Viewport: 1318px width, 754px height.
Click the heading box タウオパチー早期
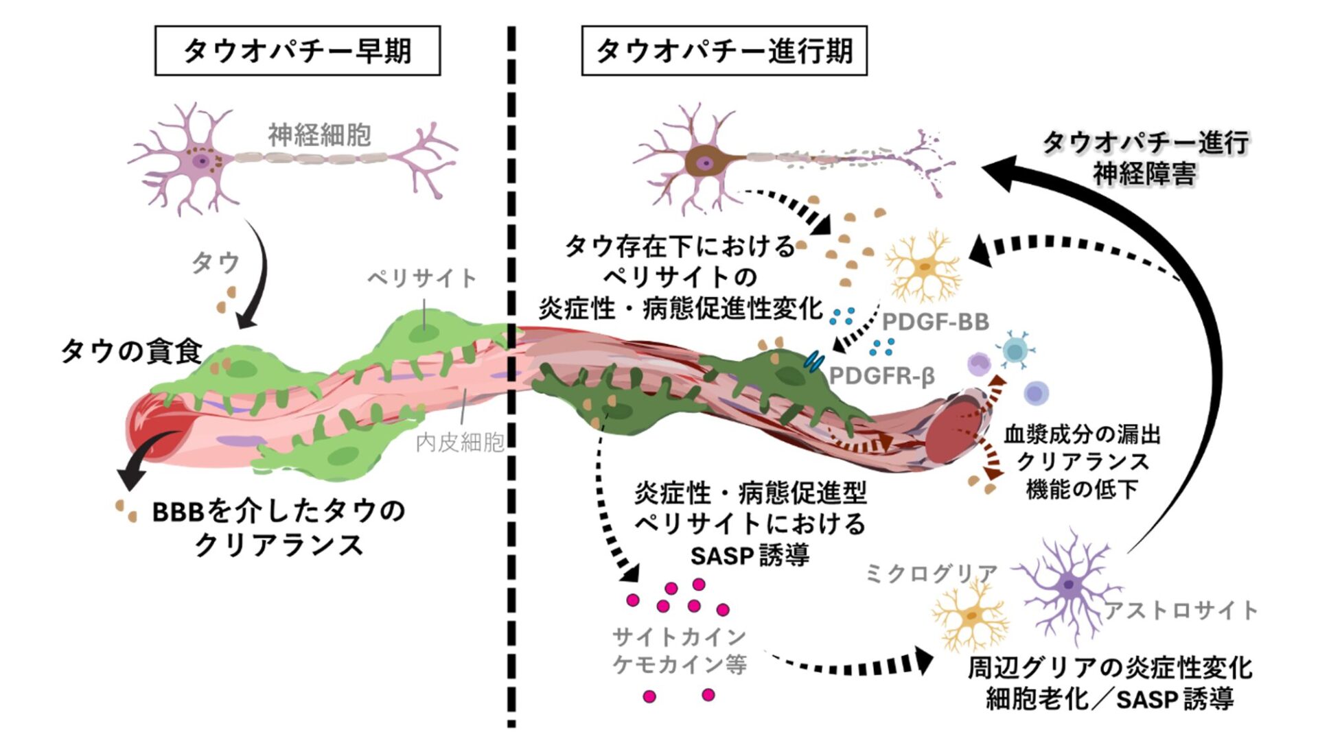[x=297, y=51]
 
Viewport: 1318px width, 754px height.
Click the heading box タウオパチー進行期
[x=724, y=51]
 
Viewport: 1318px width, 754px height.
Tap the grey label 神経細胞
[x=319, y=135]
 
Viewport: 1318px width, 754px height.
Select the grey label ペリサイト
[x=421, y=278]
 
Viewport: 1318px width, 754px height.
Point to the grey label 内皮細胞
[x=460, y=443]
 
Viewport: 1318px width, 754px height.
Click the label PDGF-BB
[x=935, y=321]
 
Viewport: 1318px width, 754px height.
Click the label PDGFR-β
[x=881, y=376]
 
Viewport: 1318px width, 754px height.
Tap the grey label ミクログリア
[x=931, y=573]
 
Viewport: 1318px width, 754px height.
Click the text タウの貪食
[x=131, y=351]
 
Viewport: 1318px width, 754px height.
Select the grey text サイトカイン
[x=679, y=637]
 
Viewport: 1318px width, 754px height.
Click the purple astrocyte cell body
[x=1068, y=585]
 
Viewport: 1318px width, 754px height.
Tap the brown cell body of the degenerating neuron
[x=704, y=162]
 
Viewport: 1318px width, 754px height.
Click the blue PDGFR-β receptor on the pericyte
[x=815, y=361]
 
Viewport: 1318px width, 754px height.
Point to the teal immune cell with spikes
[x=1014, y=351]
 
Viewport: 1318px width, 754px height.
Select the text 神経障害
[x=1144, y=174]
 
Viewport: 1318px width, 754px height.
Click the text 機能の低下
[x=1082, y=489]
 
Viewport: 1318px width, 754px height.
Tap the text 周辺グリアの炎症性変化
[x=1110, y=668]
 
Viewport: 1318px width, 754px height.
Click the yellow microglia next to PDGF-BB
[x=924, y=266]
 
